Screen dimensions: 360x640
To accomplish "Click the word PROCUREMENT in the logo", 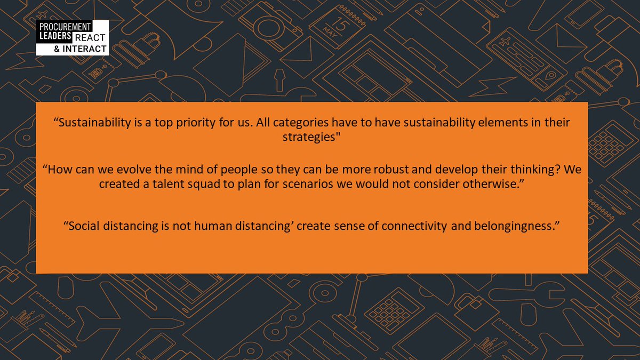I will pyautogui.click(x=63, y=26).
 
